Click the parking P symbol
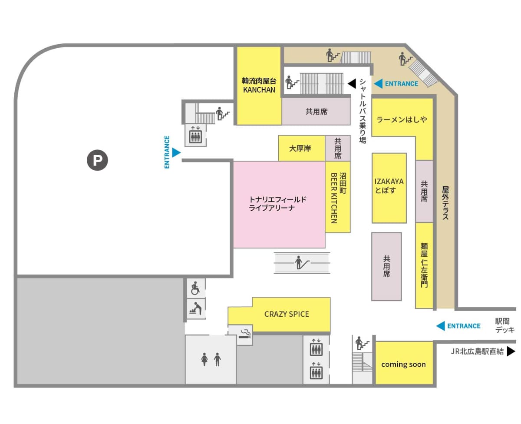pos(97,160)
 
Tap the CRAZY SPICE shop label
pos(287,314)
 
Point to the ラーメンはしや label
pos(402,119)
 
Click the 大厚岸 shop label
pos(300,148)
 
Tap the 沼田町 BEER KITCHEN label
pos(338,198)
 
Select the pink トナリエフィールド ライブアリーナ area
pos(279,205)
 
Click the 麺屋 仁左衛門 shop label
pos(424,265)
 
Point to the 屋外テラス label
pos(445,203)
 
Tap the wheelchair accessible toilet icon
pos(195,288)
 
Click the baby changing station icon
pos(195,308)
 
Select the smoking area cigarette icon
pos(245,334)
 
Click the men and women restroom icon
pos(211,359)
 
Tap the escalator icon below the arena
pos(302,262)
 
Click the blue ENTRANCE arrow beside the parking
pos(176,152)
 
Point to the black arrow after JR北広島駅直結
pos(511,351)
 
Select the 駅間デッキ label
pos(505,325)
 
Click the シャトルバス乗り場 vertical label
pos(363,111)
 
